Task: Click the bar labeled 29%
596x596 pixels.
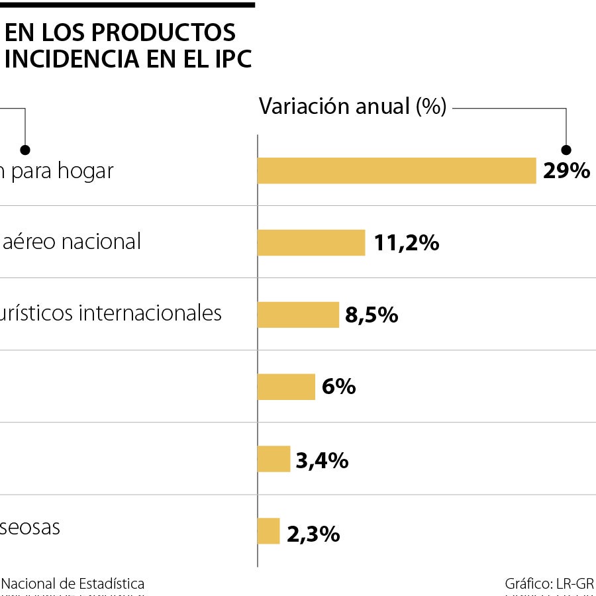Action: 396,170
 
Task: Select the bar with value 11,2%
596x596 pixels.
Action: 311,242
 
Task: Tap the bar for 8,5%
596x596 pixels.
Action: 297,315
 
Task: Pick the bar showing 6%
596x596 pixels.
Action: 286,387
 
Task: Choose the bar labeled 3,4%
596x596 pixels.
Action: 273,459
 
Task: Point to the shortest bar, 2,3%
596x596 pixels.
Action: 268,531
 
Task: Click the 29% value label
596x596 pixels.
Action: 566,171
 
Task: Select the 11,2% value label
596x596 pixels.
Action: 406,243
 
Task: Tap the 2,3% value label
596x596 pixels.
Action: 313,534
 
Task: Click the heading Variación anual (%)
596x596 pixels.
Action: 352,107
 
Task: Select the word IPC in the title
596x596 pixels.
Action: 231,59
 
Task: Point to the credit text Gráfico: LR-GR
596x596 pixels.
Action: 549,584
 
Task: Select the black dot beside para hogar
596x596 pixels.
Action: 25,149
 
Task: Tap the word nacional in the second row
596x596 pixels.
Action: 101,242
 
